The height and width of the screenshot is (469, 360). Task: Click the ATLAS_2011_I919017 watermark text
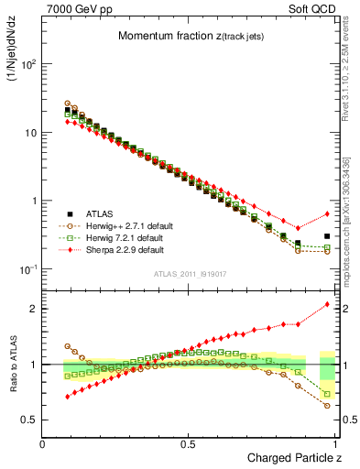tap(191, 274)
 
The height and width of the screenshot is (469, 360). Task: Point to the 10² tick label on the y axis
tap(28, 65)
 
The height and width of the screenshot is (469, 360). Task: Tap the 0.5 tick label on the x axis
tap(190, 444)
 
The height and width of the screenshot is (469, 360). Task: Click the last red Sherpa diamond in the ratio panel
tap(327, 304)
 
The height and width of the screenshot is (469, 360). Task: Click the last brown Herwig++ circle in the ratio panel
tap(327, 405)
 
